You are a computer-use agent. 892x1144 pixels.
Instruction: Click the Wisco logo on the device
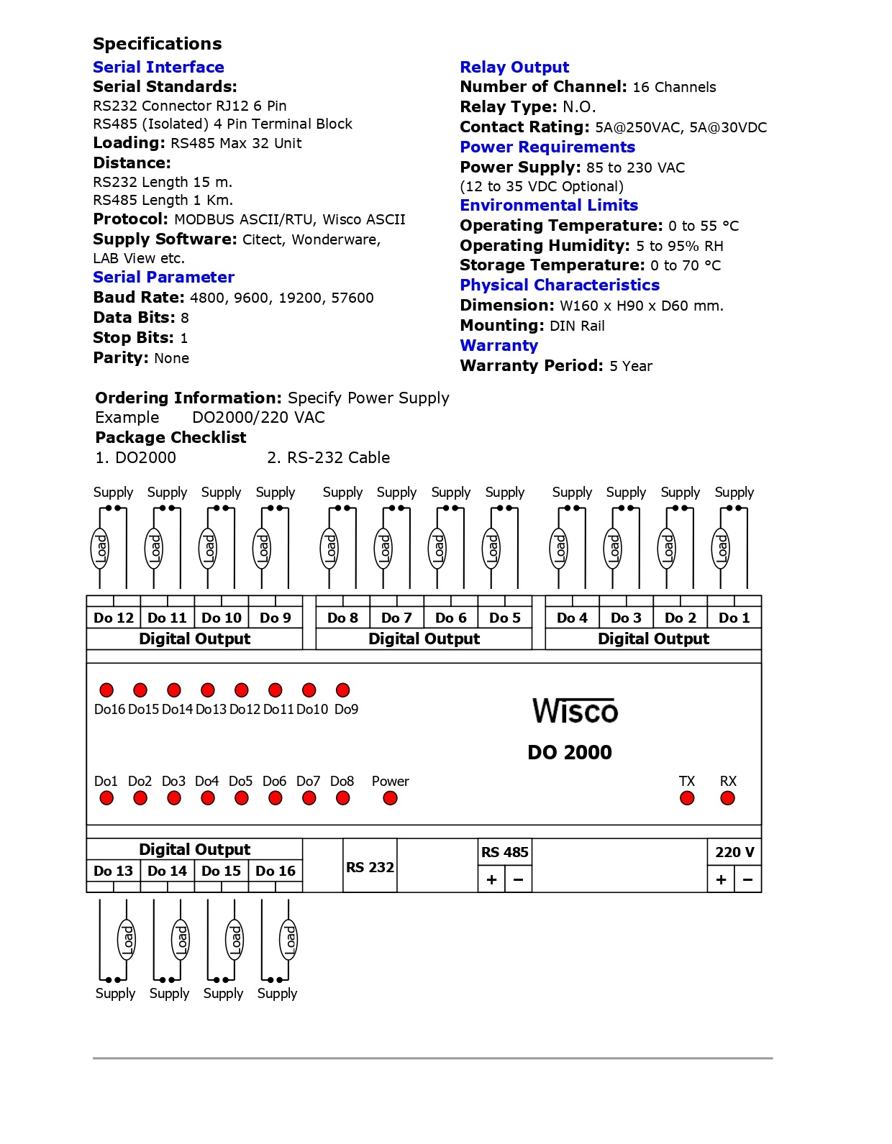click(x=575, y=711)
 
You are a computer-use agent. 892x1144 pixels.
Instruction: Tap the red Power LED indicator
click(x=390, y=798)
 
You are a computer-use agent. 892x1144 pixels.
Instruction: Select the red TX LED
click(x=687, y=798)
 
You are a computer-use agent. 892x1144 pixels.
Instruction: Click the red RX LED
click(x=728, y=798)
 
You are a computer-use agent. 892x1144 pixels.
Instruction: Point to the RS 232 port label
click(x=370, y=867)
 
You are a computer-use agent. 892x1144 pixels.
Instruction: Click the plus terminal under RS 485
click(x=492, y=880)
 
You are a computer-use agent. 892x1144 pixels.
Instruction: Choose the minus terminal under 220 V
click(x=748, y=880)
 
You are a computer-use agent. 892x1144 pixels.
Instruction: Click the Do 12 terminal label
click(x=114, y=618)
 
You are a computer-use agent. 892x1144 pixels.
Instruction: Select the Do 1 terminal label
click(x=734, y=618)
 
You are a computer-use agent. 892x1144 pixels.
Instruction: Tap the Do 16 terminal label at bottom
click(x=276, y=871)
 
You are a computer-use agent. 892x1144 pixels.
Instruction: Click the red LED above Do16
click(x=106, y=690)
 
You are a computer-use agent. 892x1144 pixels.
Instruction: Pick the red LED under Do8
click(x=343, y=798)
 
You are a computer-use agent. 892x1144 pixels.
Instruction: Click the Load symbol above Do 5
click(x=492, y=549)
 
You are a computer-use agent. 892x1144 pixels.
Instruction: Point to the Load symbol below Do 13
click(x=127, y=939)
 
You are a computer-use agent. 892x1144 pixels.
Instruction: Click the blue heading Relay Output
click(x=514, y=68)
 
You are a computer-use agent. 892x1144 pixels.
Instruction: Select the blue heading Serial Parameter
click(x=163, y=278)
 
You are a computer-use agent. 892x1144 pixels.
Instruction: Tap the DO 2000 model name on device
click(x=570, y=752)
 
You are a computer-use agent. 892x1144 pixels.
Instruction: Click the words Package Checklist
click(x=170, y=437)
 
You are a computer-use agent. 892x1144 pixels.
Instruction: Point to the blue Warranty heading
click(x=499, y=346)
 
